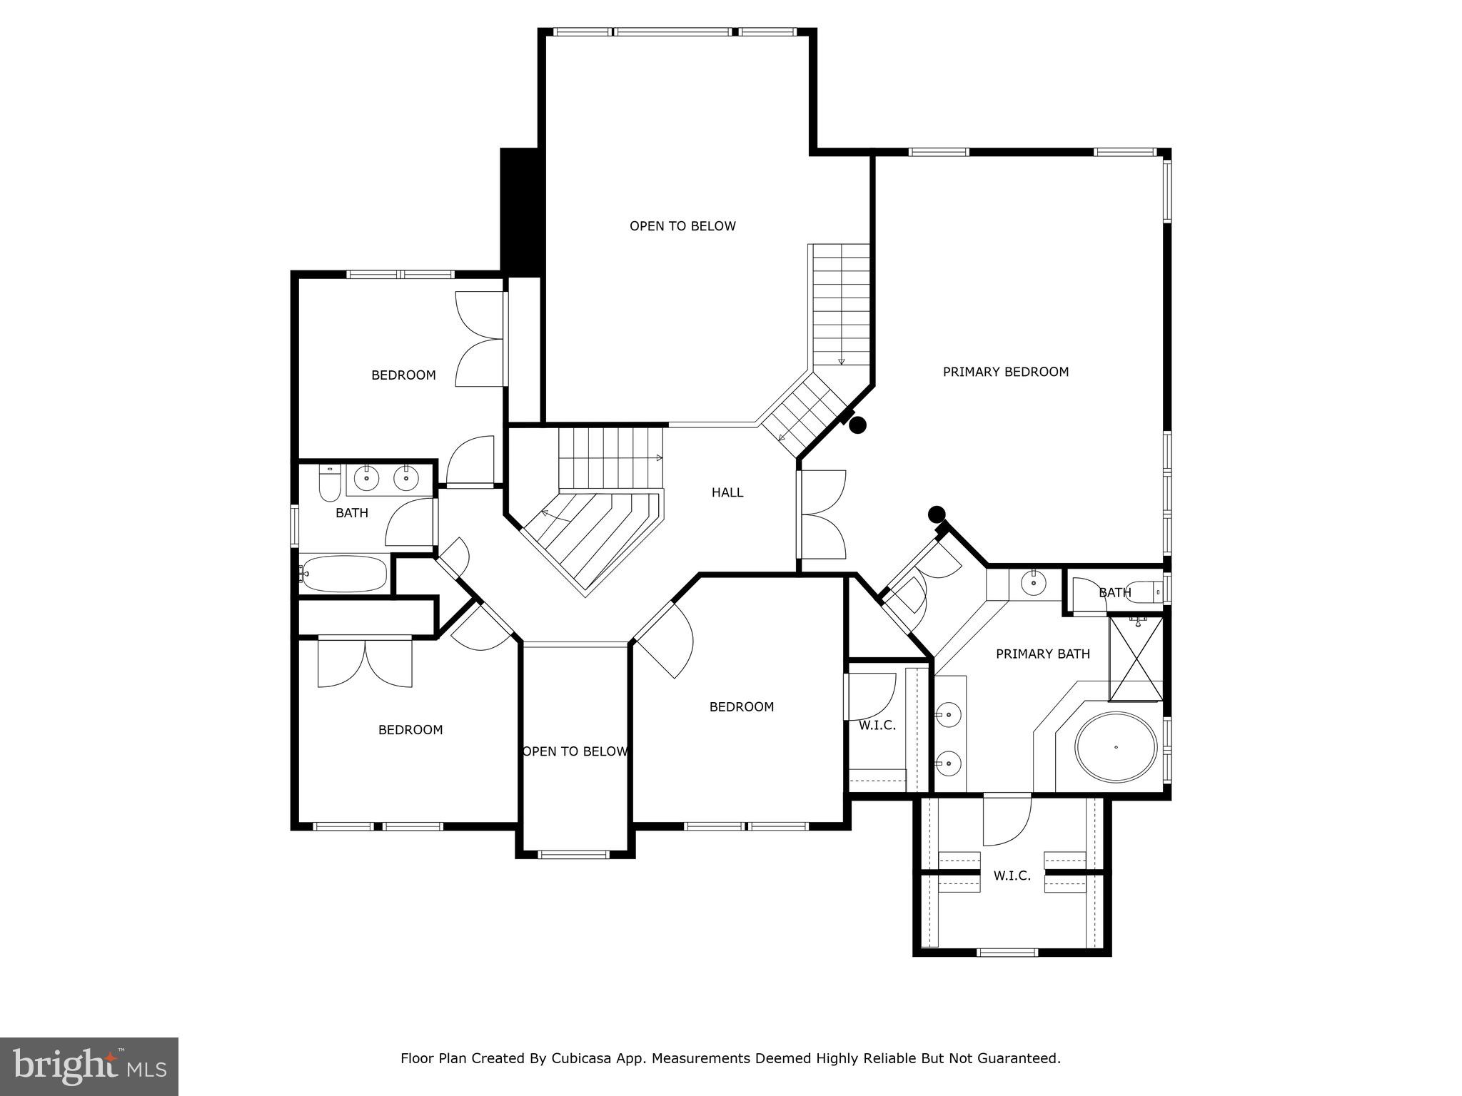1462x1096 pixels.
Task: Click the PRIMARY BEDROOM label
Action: [1005, 372]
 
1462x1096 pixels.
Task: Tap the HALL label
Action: [727, 492]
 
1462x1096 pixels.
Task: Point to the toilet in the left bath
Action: [329, 485]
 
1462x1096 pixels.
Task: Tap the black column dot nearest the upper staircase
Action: [857, 425]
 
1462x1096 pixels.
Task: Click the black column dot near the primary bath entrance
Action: [936, 514]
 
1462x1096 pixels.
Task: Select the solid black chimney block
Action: [520, 212]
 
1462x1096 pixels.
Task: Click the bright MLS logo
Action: [89, 1066]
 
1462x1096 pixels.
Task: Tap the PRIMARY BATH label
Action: [1042, 654]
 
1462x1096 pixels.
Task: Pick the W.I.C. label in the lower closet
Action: [1012, 876]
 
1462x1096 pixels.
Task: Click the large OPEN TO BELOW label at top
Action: [682, 226]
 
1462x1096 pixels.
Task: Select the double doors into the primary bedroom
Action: [822, 514]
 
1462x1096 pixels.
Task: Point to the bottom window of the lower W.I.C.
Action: [1007, 952]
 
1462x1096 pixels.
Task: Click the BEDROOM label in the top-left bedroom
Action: [403, 375]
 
